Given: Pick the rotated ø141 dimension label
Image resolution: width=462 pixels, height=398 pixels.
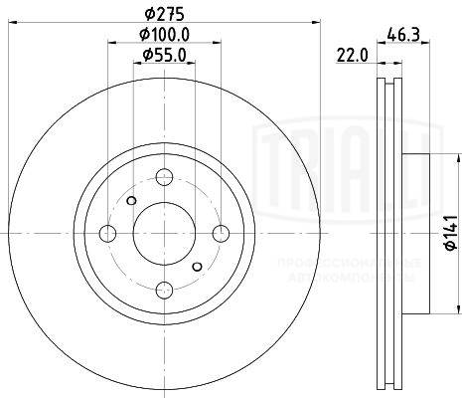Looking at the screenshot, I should click(x=449, y=231).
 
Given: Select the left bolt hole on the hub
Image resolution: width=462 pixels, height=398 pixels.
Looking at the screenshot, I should click(x=107, y=233).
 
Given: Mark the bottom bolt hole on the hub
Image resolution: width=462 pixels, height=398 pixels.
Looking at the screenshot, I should click(x=163, y=289).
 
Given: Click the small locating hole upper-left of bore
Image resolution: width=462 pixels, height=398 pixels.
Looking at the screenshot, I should click(x=131, y=200).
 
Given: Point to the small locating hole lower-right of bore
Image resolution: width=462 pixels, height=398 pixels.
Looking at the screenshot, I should click(x=196, y=266).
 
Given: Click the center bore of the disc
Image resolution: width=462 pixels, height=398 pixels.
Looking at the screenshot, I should click(x=163, y=233).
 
